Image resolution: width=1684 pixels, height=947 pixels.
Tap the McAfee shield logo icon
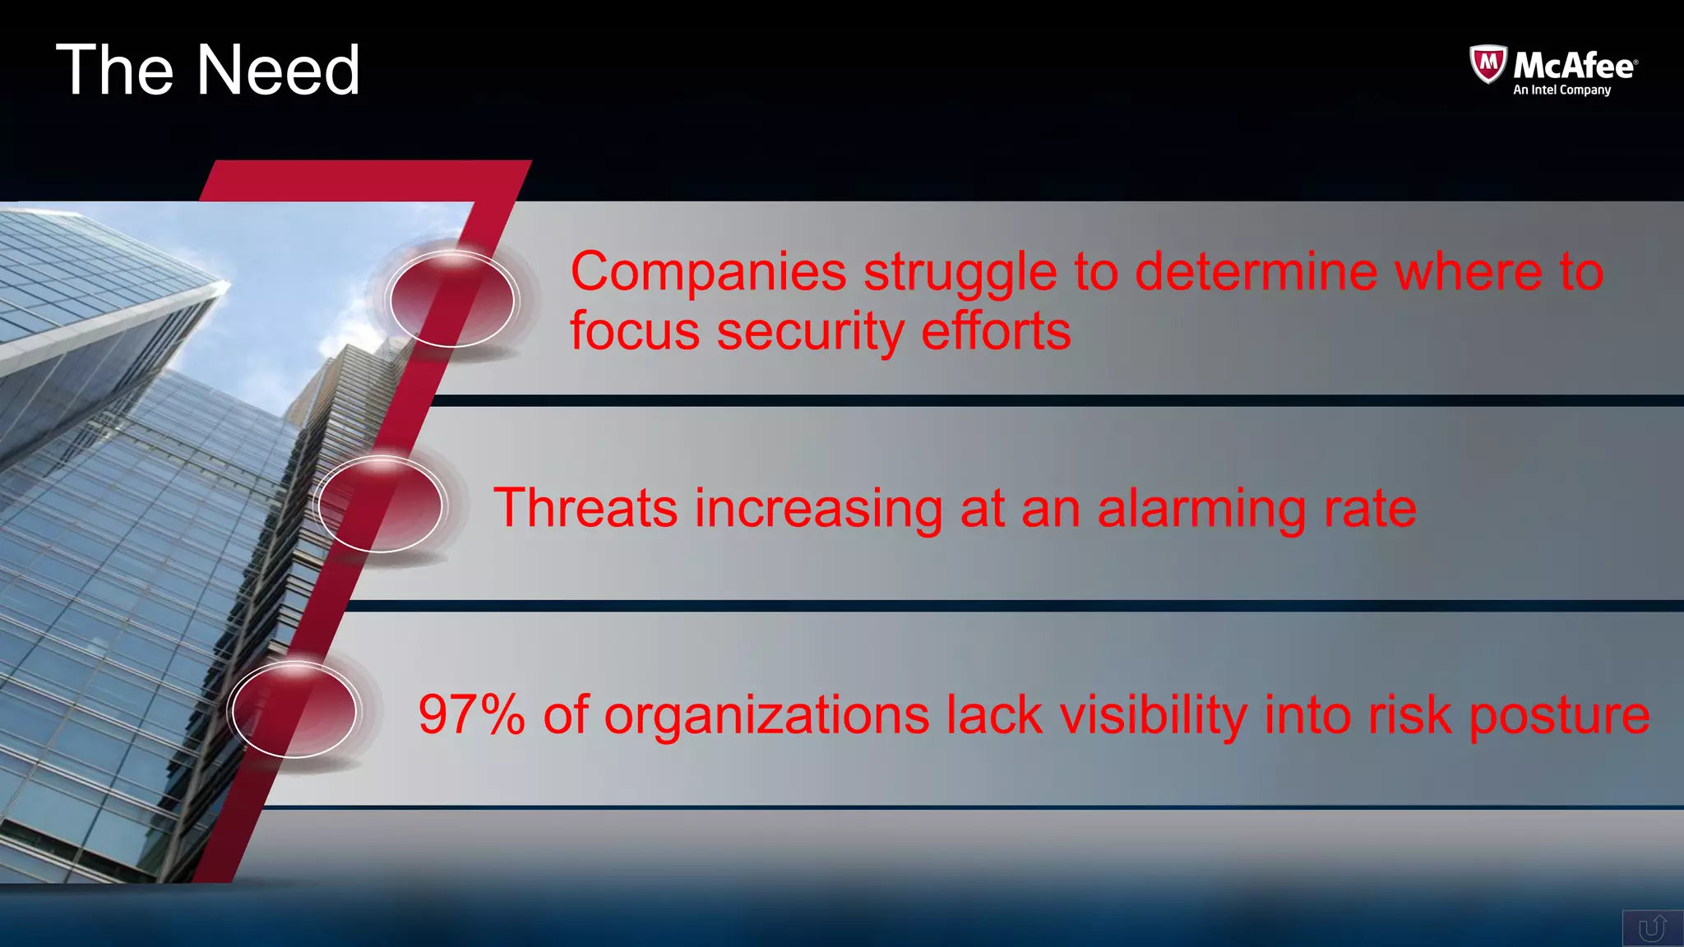(x=1487, y=64)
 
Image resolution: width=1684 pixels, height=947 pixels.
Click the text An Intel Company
(x=1561, y=90)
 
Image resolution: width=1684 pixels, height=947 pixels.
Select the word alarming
(x=1201, y=509)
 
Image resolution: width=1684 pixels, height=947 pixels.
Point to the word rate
(x=1370, y=509)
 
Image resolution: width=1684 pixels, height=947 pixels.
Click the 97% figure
(x=471, y=714)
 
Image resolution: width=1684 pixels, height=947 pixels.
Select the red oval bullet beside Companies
(x=451, y=300)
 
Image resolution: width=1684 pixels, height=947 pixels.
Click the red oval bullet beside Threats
(x=380, y=505)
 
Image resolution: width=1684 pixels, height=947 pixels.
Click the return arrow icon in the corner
(x=1652, y=929)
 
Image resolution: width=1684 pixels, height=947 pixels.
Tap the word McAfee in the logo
(x=1575, y=65)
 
